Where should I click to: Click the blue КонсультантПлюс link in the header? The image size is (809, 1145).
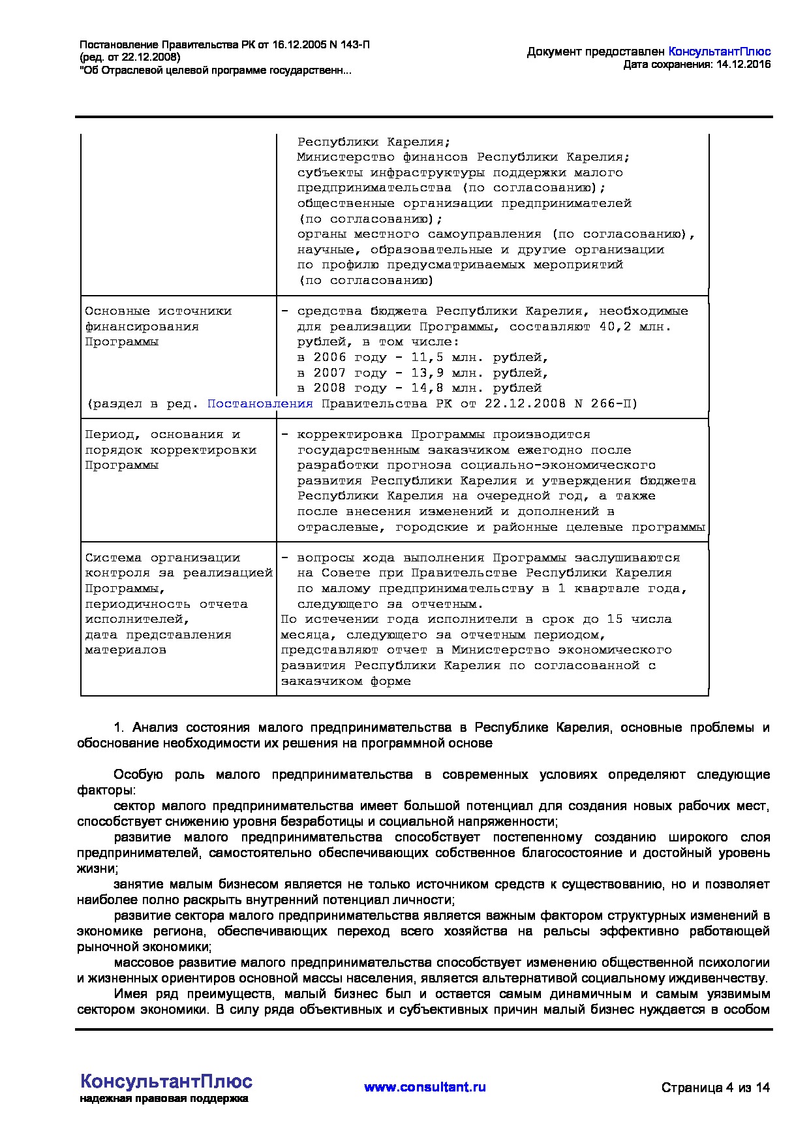tap(720, 52)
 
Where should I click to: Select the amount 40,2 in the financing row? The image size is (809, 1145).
tap(615, 326)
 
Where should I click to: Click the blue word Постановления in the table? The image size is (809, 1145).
tap(260, 403)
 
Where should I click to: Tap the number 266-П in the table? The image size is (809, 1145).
tap(614, 403)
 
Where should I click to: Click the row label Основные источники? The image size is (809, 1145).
tap(158, 311)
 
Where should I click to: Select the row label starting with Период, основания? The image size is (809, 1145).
tap(162, 434)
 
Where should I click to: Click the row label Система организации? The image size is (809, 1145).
tap(162, 557)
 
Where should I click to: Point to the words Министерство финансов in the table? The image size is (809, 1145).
tap(382, 157)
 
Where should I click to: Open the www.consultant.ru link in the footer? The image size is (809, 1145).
tap(425, 1087)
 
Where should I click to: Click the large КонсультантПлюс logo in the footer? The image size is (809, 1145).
tap(166, 1080)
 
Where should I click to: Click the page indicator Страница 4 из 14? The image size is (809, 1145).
tap(715, 1088)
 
